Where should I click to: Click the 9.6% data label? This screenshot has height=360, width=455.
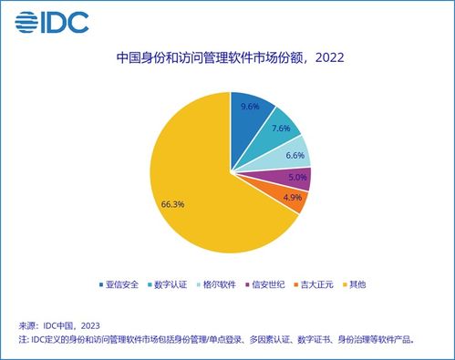click(x=249, y=107)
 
